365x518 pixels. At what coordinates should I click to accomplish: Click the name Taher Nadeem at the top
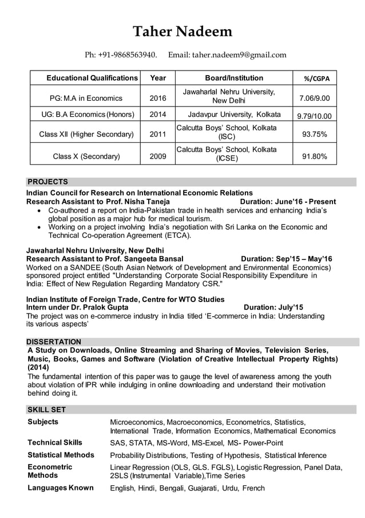pos(182,32)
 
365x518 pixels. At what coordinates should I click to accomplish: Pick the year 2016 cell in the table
pos(158,98)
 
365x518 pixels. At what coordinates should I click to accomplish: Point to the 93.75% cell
pos(314,135)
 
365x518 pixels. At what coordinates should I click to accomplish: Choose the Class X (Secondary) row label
pos(86,156)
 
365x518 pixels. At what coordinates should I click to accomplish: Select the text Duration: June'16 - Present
pos(288,202)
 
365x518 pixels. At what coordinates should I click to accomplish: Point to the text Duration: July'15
pos(273,307)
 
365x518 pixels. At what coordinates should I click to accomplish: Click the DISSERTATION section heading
pos(54,342)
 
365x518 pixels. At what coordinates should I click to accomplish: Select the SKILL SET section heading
pos(46,410)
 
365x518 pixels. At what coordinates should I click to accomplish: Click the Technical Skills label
pos(55,442)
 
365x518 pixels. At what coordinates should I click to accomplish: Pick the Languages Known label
pos(61,488)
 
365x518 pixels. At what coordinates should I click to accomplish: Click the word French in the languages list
pos(252,488)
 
